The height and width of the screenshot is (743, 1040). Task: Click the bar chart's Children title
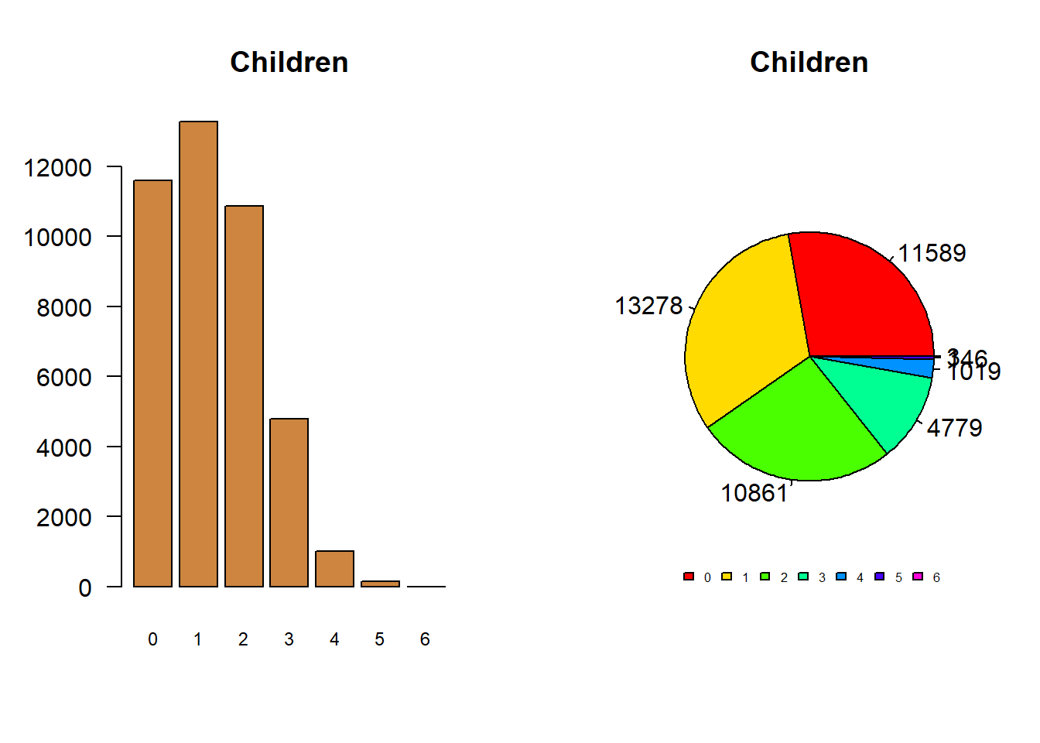(x=289, y=62)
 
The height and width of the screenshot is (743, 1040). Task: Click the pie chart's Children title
(x=809, y=62)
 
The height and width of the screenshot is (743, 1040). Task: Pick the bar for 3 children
(x=289, y=502)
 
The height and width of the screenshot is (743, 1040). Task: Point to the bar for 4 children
(x=334, y=569)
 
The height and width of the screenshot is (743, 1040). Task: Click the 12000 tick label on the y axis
(x=57, y=167)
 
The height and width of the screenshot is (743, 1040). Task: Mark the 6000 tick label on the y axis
(x=63, y=377)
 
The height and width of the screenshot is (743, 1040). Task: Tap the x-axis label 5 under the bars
(x=379, y=639)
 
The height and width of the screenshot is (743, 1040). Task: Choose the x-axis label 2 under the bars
(x=243, y=639)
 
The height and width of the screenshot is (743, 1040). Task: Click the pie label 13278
(x=648, y=306)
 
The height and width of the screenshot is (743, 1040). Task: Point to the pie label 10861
(x=754, y=493)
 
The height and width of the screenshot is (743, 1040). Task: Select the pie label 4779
(x=954, y=428)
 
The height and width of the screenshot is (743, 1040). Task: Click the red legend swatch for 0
(x=689, y=577)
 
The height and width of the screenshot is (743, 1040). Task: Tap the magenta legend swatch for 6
(x=918, y=577)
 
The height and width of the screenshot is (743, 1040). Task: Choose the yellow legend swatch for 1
(x=727, y=577)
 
